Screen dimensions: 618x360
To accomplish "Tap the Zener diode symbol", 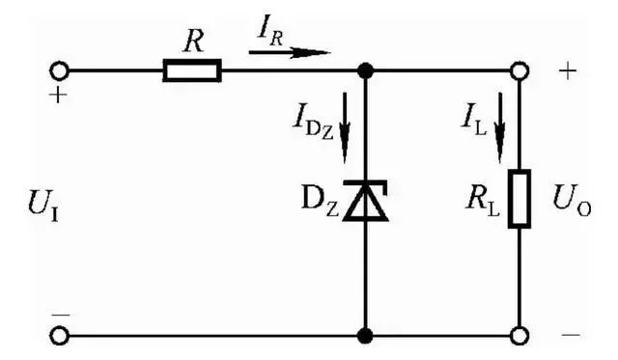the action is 366,200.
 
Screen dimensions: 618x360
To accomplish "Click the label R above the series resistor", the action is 193,41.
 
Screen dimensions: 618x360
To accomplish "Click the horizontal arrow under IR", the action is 290,52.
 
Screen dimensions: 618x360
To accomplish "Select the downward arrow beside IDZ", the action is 345,127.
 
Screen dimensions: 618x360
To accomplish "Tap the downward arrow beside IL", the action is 500,127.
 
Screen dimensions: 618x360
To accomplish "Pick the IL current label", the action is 474,124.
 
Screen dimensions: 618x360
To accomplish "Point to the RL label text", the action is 483,204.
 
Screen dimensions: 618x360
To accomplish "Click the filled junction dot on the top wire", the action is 365,70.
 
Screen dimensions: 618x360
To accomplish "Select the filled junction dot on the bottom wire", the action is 365,336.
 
